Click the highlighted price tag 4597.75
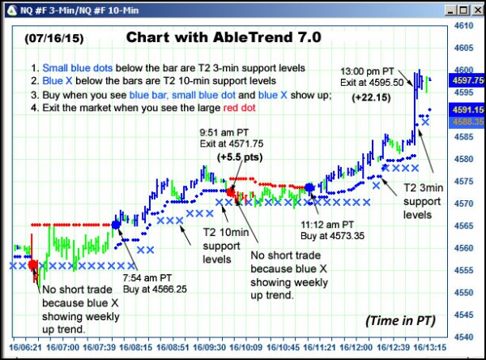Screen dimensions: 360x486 [467, 80]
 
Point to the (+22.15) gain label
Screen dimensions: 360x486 [371, 96]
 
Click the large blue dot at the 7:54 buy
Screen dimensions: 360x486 [116, 224]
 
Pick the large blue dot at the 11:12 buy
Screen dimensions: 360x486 [309, 188]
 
